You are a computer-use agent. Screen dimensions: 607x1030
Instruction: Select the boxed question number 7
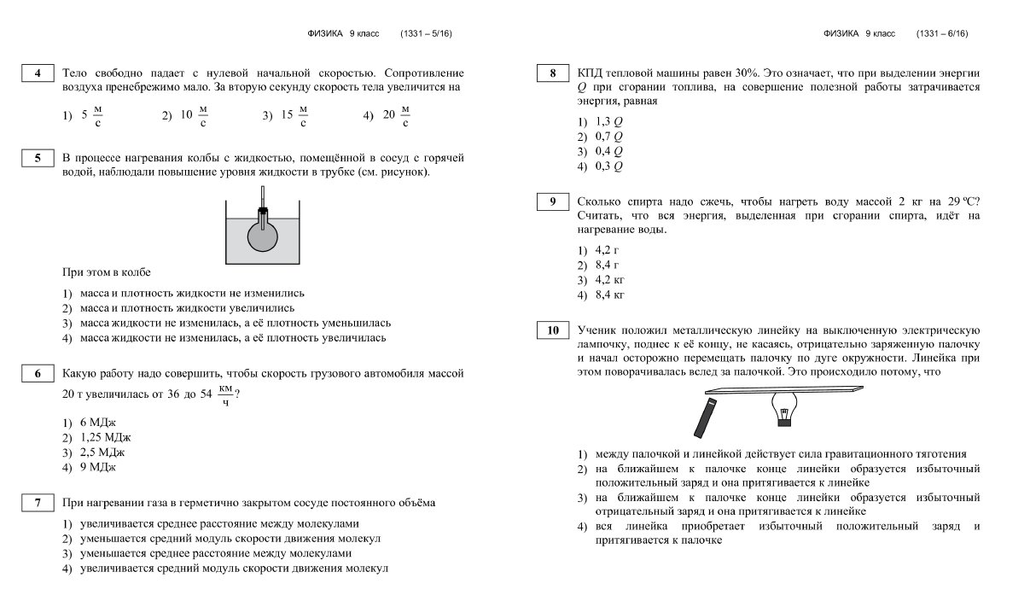point(38,503)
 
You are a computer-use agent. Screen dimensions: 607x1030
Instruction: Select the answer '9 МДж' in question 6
point(89,466)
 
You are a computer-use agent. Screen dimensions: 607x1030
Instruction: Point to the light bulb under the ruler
point(784,409)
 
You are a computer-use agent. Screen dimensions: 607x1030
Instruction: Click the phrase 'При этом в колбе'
point(103,272)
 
